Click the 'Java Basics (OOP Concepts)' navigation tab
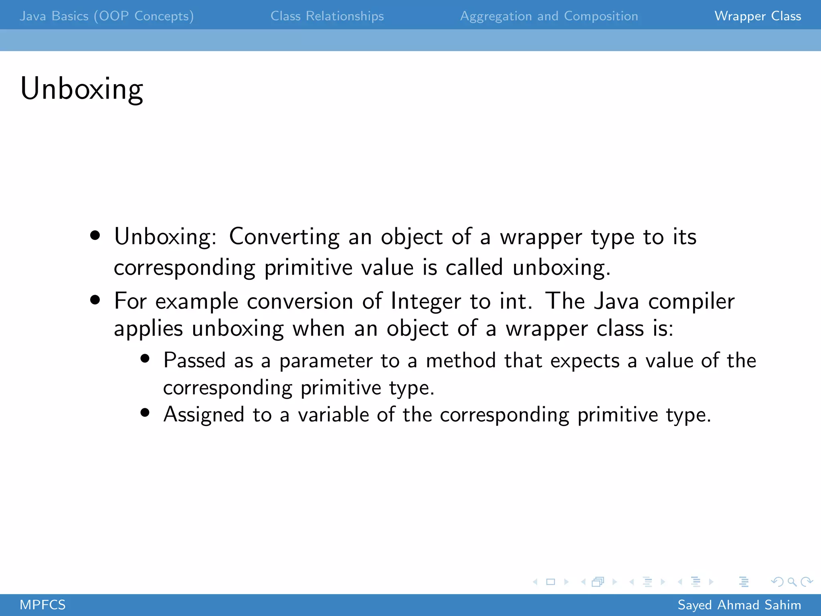107,16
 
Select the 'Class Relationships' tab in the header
327,16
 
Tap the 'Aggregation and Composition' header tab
549,16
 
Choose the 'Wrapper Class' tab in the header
758,16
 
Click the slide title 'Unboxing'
82,89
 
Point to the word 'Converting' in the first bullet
284,237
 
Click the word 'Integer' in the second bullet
426,301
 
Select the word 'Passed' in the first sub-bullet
194,360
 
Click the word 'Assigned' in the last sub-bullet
204,414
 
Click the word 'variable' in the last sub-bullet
333,414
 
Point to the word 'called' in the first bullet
474,267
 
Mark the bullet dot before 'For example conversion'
95,300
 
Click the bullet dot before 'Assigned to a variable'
145,413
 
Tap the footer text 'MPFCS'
42,605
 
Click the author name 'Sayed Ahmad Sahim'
739,605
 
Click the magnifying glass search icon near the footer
792,582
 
